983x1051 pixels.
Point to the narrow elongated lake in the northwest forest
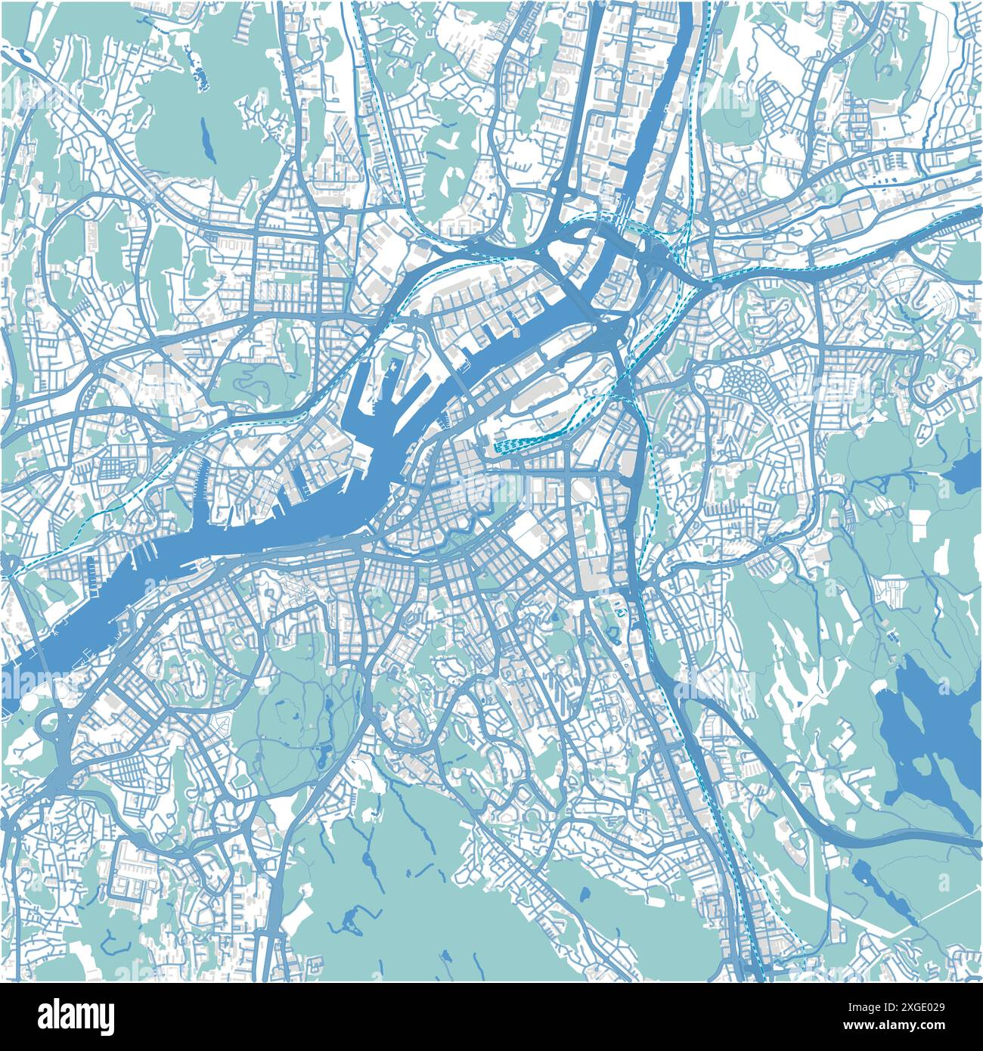point(206,141)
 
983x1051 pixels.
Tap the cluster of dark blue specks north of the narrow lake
point(200,75)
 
